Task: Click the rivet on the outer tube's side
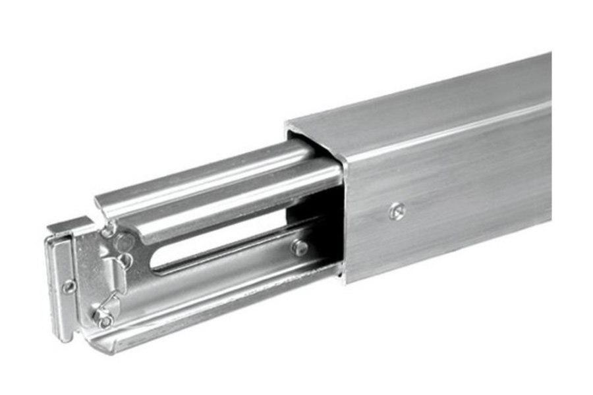click(395, 211)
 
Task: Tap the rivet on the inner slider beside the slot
click(300, 248)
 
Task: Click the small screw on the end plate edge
click(69, 286)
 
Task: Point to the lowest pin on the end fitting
click(104, 320)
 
